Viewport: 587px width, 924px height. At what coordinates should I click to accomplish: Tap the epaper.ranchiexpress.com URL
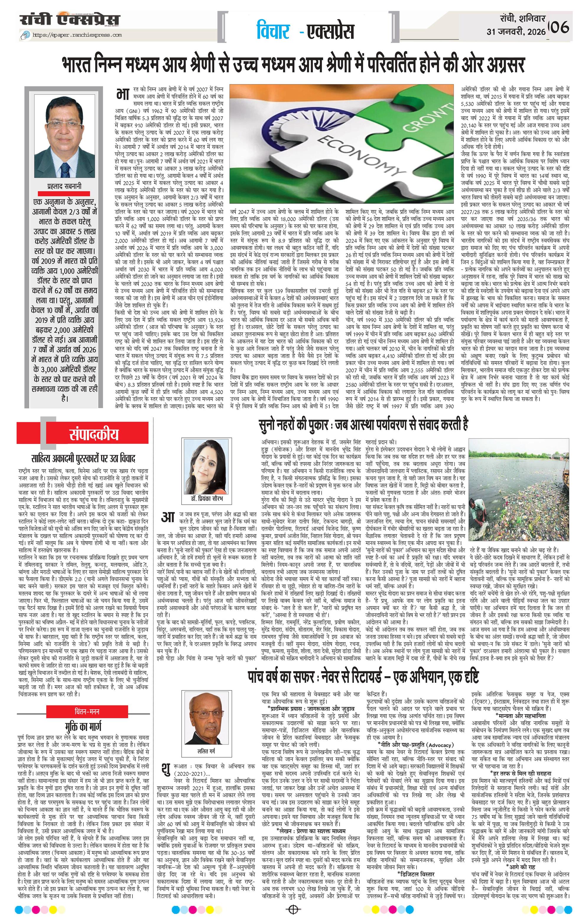click(77, 35)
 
